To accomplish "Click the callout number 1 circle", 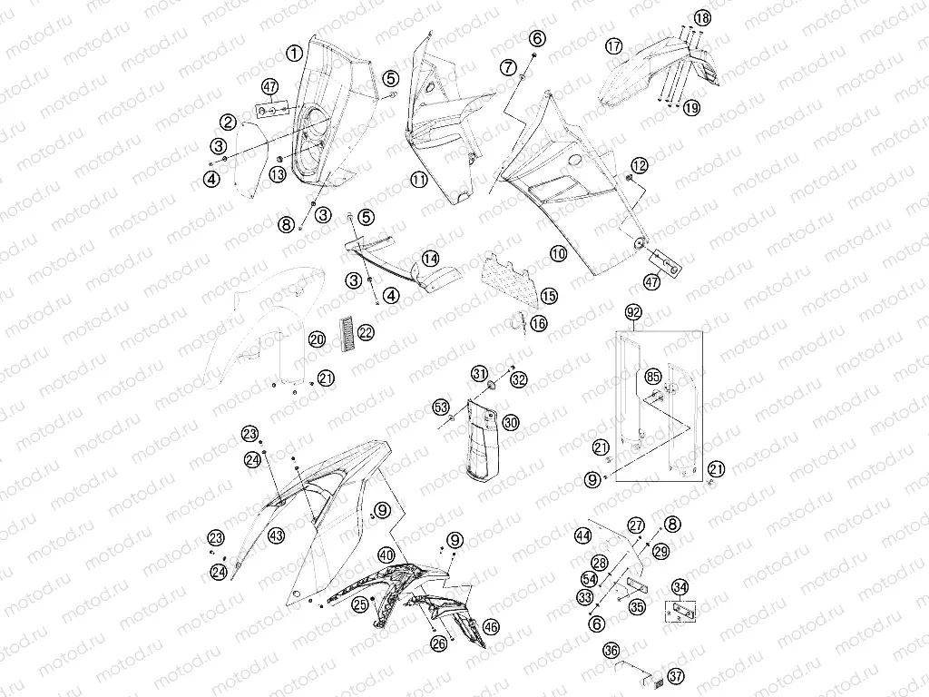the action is [295, 54].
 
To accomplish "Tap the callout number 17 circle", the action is [614, 46].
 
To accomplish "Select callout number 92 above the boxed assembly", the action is [633, 312].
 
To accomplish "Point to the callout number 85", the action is [653, 377].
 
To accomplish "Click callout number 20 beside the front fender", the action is [317, 339].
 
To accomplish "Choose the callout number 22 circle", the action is [367, 332].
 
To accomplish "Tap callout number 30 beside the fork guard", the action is [511, 423].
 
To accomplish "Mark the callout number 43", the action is [276, 535].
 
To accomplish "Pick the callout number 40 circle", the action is [386, 555].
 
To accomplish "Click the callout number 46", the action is [491, 626].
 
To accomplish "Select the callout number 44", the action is [583, 535].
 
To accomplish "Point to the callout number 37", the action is [676, 675].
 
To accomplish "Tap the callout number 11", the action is [419, 179].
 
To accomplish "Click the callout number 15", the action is [549, 296].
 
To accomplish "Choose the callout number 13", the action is [278, 174].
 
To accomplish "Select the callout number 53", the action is [441, 407].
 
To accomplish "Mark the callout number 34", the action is [680, 587].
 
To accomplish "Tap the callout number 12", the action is [640, 165].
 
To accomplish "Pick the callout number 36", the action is [611, 651].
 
